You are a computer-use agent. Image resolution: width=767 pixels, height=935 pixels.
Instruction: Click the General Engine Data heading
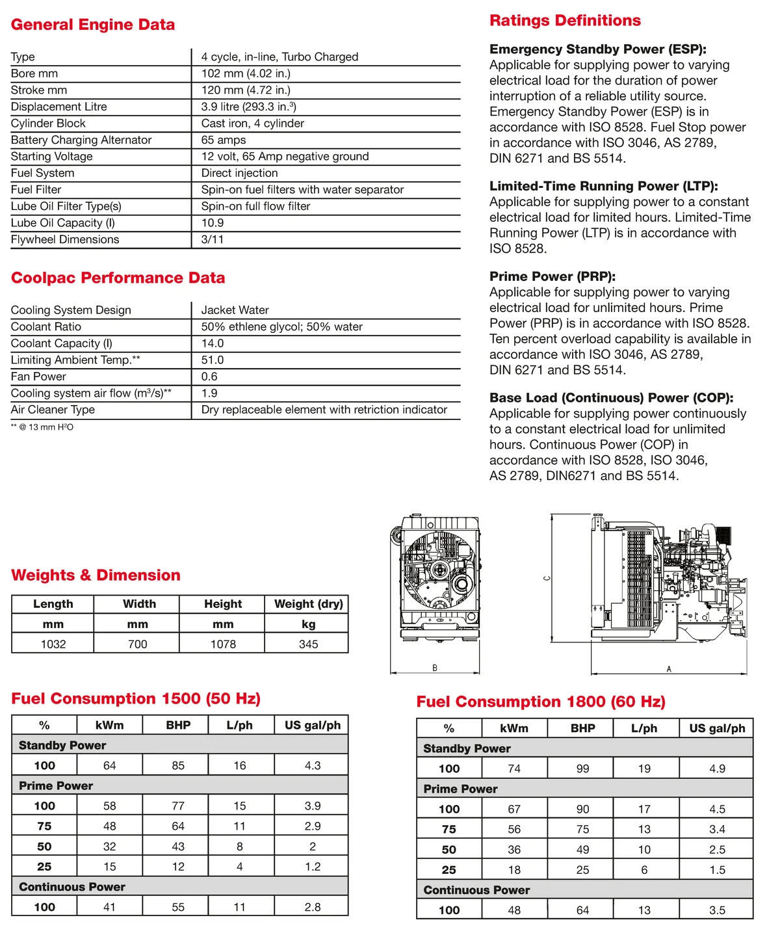click(x=93, y=25)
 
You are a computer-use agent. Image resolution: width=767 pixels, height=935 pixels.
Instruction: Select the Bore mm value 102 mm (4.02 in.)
click(x=246, y=73)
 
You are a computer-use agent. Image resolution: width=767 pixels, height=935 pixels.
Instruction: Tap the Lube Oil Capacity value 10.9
click(x=213, y=222)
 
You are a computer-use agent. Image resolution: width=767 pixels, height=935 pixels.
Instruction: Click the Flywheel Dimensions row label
click(x=65, y=239)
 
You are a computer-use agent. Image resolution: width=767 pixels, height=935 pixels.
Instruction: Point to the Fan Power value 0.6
click(x=209, y=376)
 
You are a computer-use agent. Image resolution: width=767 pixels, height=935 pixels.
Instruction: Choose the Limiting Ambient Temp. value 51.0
click(x=213, y=360)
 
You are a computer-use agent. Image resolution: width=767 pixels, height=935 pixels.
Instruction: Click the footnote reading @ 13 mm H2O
click(x=42, y=427)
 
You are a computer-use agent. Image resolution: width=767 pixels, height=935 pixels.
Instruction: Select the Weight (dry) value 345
click(x=308, y=644)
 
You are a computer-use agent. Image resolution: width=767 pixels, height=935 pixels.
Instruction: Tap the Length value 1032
click(x=53, y=644)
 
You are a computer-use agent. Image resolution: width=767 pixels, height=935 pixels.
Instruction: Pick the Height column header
click(x=223, y=603)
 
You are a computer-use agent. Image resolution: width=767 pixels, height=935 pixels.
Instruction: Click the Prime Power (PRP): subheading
click(x=552, y=276)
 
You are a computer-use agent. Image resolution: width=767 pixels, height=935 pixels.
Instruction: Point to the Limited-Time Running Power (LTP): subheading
click(x=604, y=186)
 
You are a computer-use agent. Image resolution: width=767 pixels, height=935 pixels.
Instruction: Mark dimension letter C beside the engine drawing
click(x=547, y=578)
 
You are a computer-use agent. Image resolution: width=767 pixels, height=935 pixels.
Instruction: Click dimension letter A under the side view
click(x=669, y=669)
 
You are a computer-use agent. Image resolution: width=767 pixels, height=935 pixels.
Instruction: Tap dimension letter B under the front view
click(x=435, y=668)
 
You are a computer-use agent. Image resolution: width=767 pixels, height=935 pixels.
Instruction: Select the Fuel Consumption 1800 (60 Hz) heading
click(x=541, y=702)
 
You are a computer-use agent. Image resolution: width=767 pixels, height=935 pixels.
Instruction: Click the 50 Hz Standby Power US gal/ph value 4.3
click(x=313, y=765)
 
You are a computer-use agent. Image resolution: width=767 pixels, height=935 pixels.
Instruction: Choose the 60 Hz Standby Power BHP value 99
click(x=582, y=769)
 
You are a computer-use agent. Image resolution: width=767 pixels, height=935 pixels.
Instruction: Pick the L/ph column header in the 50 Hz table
click(x=240, y=725)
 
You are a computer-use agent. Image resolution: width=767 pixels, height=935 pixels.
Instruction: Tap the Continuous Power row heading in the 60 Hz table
click(x=476, y=890)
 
